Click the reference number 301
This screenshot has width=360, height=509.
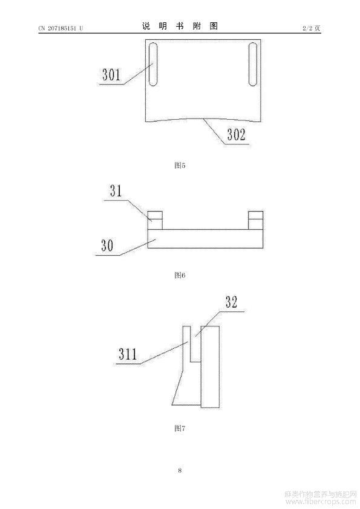tap(111, 74)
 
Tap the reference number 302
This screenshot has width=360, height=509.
tap(236, 134)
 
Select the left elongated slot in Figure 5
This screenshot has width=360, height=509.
tap(153, 64)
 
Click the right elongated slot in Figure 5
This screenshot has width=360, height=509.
tap(253, 64)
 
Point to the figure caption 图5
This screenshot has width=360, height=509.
tap(180, 165)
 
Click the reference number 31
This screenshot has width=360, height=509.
tap(116, 190)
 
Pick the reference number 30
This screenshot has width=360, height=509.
tap(107, 245)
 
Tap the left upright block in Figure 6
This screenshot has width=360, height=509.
tap(155, 220)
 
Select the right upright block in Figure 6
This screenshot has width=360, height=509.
tap(255, 220)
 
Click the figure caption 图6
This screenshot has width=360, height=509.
tap(180, 275)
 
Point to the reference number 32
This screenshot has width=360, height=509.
tap(231, 302)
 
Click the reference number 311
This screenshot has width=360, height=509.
tap(128, 354)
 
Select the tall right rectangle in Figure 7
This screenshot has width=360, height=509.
tap(210, 366)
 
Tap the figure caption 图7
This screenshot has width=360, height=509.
tap(180, 428)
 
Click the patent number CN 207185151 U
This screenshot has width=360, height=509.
tap(61, 28)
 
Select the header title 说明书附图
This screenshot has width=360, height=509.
tap(180, 26)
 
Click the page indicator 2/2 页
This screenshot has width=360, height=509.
tap(311, 28)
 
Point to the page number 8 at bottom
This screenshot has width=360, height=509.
tap(180, 470)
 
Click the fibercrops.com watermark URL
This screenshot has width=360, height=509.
tap(320, 502)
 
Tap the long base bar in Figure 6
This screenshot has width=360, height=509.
tap(205, 239)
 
